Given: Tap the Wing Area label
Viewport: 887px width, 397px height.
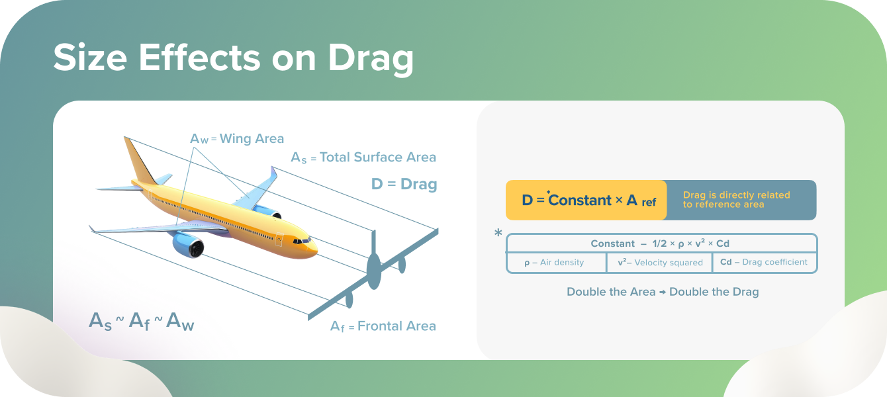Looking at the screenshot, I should coord(237,138).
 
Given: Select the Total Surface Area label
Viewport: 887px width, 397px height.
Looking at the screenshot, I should coord(363,157).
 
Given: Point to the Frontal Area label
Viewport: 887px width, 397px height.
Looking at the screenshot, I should coord(383,326).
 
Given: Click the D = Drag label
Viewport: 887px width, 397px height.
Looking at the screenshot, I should coord(404,184).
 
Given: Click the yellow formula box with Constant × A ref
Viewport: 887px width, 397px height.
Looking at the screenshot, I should coord(586,200).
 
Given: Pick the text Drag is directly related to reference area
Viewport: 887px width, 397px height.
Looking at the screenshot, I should coord(736,200).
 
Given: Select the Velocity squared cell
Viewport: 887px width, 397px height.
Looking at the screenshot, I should coord(660,263).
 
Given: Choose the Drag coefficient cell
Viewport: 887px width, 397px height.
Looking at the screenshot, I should coord(764,263).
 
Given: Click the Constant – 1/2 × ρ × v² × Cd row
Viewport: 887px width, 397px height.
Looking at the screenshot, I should coord(660,243).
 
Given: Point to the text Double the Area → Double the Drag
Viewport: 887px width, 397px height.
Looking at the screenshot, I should coord(663,292).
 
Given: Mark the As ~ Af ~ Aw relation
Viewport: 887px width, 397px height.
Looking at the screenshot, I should coord(142,321).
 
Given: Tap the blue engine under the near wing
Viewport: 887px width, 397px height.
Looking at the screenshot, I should coord(189,244).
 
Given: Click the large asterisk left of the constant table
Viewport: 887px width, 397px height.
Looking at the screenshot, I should coord(498,234).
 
